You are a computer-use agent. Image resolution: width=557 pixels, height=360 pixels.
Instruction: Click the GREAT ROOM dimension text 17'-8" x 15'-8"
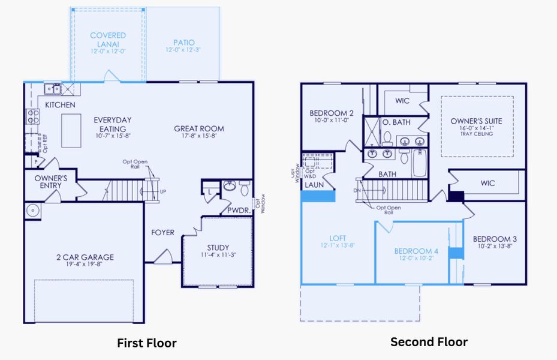tap(199, 137)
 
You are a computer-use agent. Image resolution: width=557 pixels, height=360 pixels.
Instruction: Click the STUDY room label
tap(218, 248)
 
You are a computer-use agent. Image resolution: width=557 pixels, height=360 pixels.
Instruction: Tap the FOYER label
tap(162, 233)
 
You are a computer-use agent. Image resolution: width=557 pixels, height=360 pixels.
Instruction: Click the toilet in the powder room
tap(244, 188)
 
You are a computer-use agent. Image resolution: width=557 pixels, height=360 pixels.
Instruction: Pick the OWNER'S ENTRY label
tap(51, 182)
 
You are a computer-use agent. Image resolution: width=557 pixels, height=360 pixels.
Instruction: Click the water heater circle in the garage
tap(32, 210)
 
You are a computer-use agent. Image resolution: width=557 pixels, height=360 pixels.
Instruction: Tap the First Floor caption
tap(147, 343)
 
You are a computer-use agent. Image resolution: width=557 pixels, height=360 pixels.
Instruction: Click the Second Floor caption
tap(429, 342)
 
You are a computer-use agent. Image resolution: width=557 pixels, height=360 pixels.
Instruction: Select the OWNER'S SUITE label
tap(477, 121)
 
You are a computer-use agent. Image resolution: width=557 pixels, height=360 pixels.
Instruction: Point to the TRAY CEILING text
tap(477, 134)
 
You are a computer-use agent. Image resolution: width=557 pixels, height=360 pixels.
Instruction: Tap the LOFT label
tap(337, 238)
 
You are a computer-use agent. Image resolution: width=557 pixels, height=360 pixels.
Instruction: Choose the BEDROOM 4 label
tap(416, 251)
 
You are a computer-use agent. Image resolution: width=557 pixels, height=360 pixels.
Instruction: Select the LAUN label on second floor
tap(314, 185)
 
